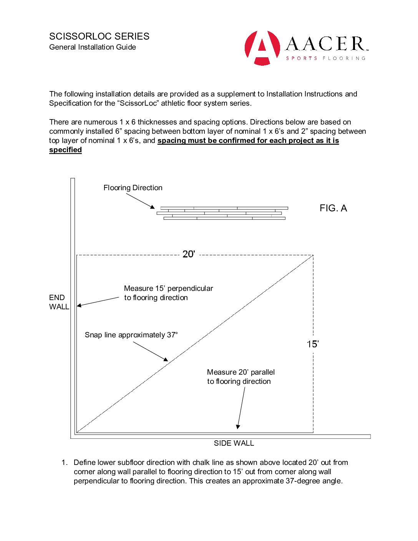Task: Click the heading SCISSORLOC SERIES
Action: click(x=99, y=37)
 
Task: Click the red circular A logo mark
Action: click(x=262, y=48)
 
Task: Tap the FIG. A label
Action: click(x=333, y=208)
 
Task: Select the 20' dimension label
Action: click(x=189, y=254)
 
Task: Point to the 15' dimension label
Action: click(x=313, y=344)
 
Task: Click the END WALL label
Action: click(x=59, y=302)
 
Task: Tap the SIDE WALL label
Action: click(x=234, y=443)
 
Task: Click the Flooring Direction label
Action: click(x=133, y=188)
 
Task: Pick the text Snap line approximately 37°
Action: click(x=131, y=335)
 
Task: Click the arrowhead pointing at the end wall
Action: click(x=79, y=305)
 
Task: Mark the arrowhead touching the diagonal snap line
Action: click(x=166, y=360)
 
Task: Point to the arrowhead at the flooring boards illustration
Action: click(x=153, y=207)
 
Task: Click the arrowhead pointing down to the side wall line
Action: click(x=238, y=426)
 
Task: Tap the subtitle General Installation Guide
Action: click(x=93, y=47)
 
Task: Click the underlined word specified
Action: click(x=65, y=150)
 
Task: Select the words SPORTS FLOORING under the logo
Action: click(x=325, y=58)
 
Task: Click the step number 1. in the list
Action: click(x=65, y=463)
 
